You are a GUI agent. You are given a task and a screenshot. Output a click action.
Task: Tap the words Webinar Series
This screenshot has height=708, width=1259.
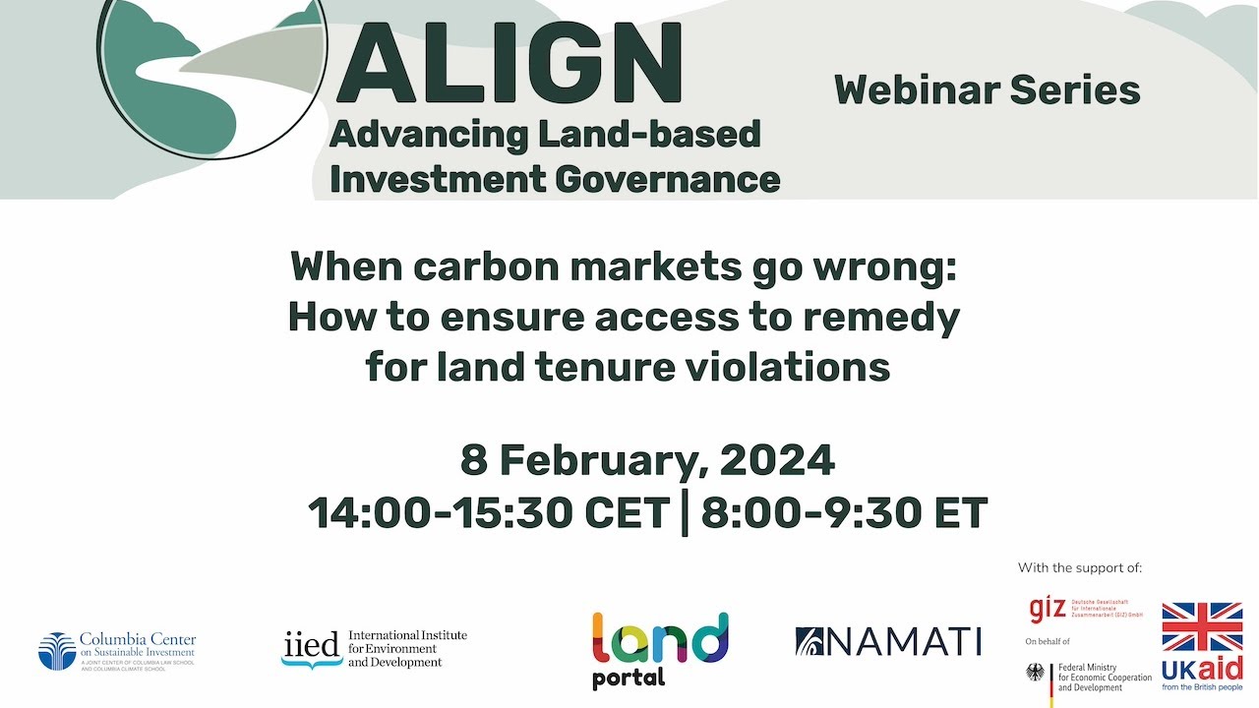(x=987, y=90)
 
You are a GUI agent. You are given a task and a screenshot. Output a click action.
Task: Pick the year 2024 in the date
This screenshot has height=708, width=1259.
(x=777, y=460)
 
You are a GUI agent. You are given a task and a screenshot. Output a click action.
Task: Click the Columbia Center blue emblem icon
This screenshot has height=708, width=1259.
(x=57, y=652)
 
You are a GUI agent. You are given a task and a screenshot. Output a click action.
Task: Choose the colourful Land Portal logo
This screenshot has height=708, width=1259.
(x=660, y=649)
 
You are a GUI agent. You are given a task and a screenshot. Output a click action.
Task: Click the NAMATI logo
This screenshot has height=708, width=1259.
(x=888, y=642)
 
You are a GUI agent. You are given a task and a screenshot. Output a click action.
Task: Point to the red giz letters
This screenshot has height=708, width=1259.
(x=1047, y=610)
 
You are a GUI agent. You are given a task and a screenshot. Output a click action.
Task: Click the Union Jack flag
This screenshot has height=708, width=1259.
(x=1202, y=627)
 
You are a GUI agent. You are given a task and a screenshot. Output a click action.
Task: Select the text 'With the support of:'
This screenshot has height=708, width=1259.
(x=1080, y=568)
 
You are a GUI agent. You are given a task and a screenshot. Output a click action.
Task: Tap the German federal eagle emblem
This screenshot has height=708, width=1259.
(x=1035, y=675)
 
